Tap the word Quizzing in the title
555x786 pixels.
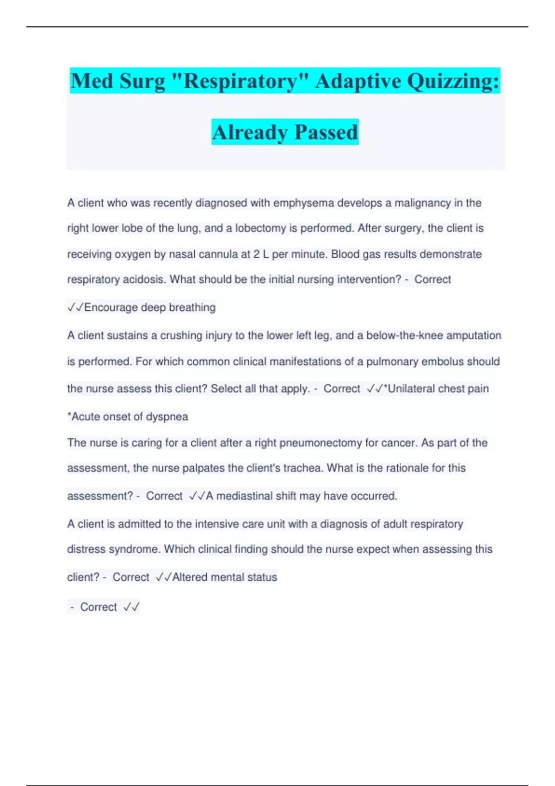(x=453, y=81)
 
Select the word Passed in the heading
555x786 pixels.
(x=326, y=132)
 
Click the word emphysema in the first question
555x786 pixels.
(x=303, y=203)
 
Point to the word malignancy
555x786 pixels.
(x=422, y=203)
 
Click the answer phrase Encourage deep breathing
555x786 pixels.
(x=150, y=307)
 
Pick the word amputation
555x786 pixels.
(x=474, y=335)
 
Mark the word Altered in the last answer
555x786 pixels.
(x=190, y=577)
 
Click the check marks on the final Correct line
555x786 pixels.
(x=131, y=607)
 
